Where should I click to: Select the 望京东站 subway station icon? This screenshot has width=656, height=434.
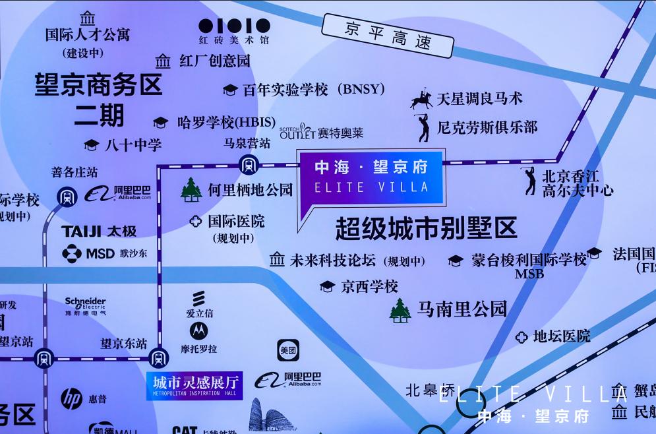click(158, 358)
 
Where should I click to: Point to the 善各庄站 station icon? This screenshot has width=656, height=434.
click(67, 196)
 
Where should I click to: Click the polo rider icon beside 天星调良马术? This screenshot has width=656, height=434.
click(421, 100)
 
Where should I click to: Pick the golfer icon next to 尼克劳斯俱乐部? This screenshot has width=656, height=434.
click(423, 128)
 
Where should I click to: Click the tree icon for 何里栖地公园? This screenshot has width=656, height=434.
click(191, 190)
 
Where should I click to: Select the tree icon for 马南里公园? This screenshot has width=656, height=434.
click(400, 310)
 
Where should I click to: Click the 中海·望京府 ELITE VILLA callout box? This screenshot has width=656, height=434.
click(372, 177)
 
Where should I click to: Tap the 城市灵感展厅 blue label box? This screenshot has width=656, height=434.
click(194, 385)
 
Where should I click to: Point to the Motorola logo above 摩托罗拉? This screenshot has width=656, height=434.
click(198, 330)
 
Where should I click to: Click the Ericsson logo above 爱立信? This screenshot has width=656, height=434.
click(198, 299)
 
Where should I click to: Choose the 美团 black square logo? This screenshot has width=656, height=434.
click(288, 350)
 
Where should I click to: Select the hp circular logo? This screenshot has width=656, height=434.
click(71, 398)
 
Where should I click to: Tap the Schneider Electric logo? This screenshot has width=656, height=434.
click(85, 306)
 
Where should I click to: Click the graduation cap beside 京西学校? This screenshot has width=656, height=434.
click(327, 286)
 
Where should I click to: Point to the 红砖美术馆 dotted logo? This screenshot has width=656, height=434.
click(235, 26)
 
